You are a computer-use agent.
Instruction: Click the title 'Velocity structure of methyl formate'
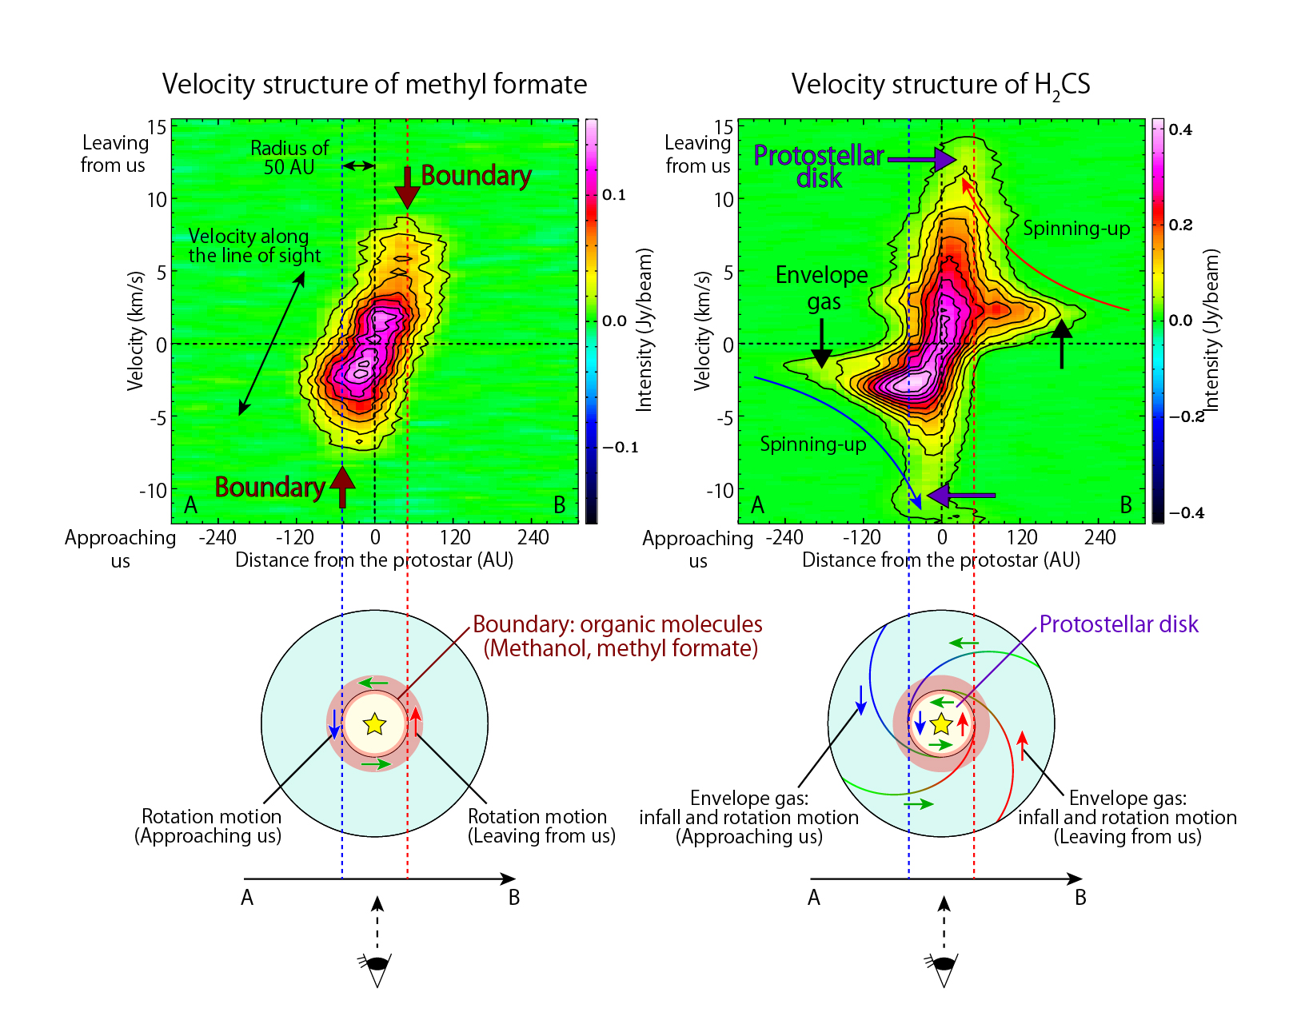(374, 85)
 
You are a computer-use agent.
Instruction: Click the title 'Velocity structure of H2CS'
(940, 85)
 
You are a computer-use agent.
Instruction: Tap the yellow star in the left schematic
(374, 724)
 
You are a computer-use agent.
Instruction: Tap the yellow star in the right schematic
(941, 724)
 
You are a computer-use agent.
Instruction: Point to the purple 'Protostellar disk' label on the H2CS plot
(819, 165)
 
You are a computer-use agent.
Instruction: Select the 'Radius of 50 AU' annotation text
(289, 157)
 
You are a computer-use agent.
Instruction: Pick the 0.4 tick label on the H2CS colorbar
(1180, 129)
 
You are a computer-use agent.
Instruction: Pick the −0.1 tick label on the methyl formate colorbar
(620, 447)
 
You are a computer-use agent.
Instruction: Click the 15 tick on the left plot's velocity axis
(157, 126)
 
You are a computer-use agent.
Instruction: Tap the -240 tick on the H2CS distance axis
(784, 537)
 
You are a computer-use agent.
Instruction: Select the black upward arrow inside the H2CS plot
(1061, 342)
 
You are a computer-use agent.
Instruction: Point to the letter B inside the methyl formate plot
(560, 504)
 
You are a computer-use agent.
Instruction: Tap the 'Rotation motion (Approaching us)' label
(210, 826)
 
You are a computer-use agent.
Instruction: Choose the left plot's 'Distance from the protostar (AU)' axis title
(374, 560)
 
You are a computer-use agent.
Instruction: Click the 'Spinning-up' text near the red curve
(1076, 229)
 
